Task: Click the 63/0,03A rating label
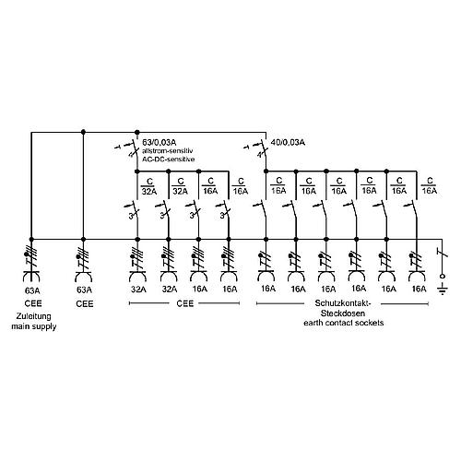(x=160, y=143)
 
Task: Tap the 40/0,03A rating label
(x=288, y=143)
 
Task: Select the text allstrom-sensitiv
(x=167, y=151)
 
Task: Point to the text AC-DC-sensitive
(x=168, y=160)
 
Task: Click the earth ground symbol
(x=443, y=290)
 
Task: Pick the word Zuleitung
(x=34, y=316)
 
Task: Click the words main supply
(x=34, y=326)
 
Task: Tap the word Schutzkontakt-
(x=343, y=303)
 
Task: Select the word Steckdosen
(x=343, y=313)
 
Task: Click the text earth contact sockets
(x=344, y=323)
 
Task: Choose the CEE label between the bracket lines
(x=185, y=303)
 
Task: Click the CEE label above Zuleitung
(x=33, y=303)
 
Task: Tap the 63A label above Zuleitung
(x=32, y=290)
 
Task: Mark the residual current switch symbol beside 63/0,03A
(x=130, y=148)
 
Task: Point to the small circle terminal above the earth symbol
(x=443, y=277)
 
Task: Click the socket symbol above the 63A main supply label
(x=31, y=276)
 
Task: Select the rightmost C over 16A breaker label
(x=430, y=185)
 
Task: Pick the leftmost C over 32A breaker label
(x=149, y=186)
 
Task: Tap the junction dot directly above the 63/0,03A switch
(x=137, y=132)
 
